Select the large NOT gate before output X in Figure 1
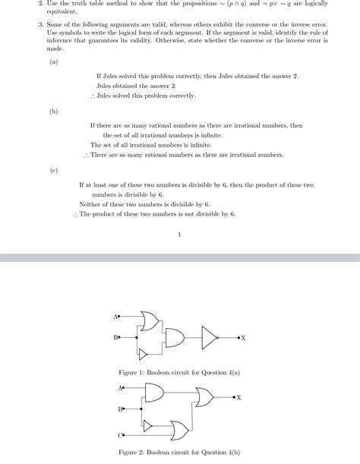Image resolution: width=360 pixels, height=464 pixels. point(209,337)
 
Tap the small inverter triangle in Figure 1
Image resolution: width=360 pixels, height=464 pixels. point(143,354)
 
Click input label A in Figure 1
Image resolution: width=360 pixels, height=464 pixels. point(115,316)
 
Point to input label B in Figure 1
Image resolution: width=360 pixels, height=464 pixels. point(115,336)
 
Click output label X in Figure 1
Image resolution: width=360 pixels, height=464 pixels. point(243,338)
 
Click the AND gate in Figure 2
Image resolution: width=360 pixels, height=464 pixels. point(153,393)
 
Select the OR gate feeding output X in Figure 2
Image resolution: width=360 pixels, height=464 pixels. point(204,397)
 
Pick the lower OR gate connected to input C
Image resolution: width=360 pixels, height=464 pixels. point(180,431)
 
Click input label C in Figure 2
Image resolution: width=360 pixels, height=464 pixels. point(120,435)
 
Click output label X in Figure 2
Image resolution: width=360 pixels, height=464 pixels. point(238,397)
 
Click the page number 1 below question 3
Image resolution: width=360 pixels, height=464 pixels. point(179,234)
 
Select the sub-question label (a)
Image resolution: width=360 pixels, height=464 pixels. point(53,62)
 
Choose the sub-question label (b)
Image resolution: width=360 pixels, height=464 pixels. point(53,111)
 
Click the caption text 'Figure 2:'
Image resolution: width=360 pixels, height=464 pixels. point(134,452)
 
